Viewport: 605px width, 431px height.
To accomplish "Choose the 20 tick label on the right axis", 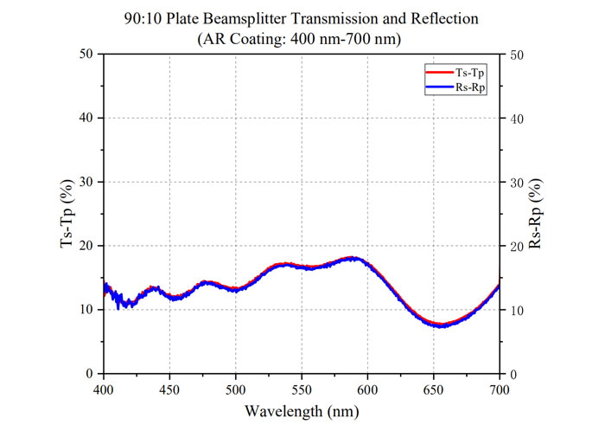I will [x=516, y=246].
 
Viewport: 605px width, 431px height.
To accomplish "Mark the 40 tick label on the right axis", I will [x=516, y=118].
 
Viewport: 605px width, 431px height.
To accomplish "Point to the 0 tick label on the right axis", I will [x=513, y=374].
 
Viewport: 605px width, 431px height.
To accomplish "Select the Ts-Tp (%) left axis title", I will [x=67, y=214].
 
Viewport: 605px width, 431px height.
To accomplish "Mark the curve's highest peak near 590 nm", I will [x=352, y=258].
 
